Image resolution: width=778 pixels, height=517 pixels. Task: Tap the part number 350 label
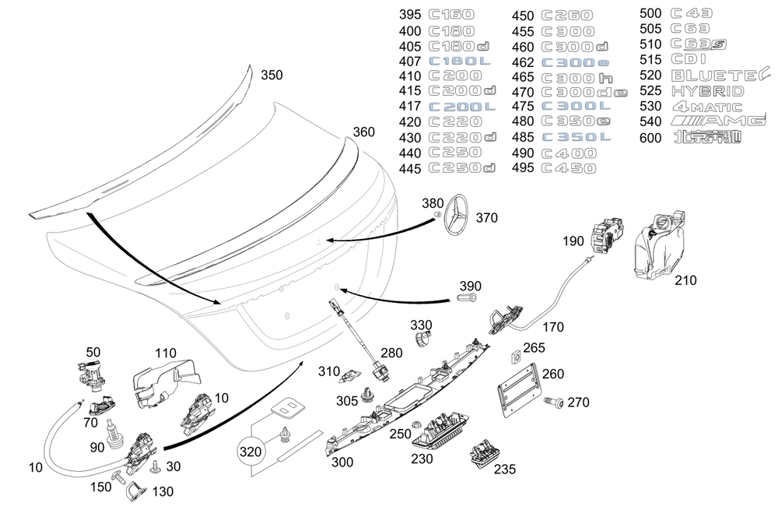coord(272,76)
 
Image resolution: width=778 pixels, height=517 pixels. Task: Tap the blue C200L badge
coord(462,107)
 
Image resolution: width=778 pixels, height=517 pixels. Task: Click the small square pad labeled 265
coord(514,357)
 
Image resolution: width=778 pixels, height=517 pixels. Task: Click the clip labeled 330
coord(422,339)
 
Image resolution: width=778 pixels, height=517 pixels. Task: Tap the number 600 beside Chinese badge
coord(650,139)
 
